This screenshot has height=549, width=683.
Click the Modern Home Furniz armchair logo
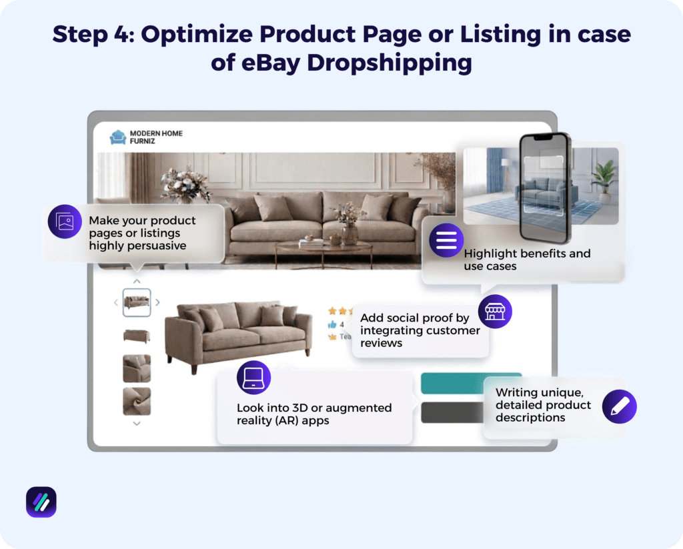tap(118, 137)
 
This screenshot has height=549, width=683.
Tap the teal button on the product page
tap(471, 384)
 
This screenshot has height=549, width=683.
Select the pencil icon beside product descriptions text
tap(619, 406)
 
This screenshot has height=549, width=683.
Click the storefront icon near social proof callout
tap(494, 311)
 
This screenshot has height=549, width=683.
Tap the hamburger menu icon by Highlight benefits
tap(446, 240)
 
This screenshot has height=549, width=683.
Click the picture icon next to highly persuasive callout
tap(65, 221)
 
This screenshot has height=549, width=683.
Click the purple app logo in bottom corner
tap(41, 502)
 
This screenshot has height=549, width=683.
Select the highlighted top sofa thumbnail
tap(137, 302)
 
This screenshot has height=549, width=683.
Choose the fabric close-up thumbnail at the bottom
tap(137, 402)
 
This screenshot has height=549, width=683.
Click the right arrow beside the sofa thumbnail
tap(157, 302)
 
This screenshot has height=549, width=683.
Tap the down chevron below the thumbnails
tap(137, 423)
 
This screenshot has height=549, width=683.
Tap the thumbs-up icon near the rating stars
tap(331, 324)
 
